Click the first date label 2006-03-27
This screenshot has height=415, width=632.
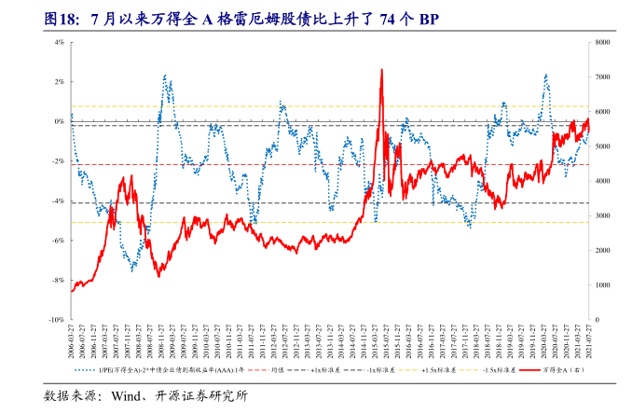pos(72,341)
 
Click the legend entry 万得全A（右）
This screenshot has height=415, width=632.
pos(558,370)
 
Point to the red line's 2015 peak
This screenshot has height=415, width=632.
pos(381,70)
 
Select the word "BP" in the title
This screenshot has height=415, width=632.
pos(431,19)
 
